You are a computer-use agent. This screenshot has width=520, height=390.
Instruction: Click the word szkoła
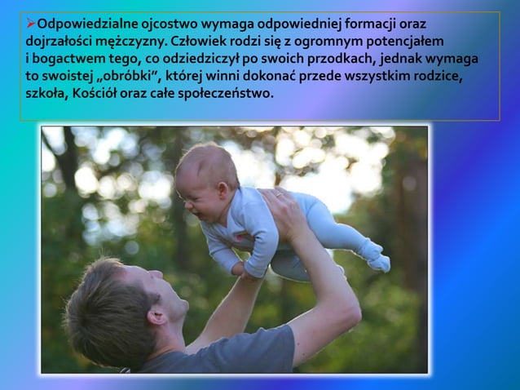pyautogui.click(x=46, y=94)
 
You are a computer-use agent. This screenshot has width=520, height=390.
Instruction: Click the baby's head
pyautogui.click(x=201, y=175)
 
